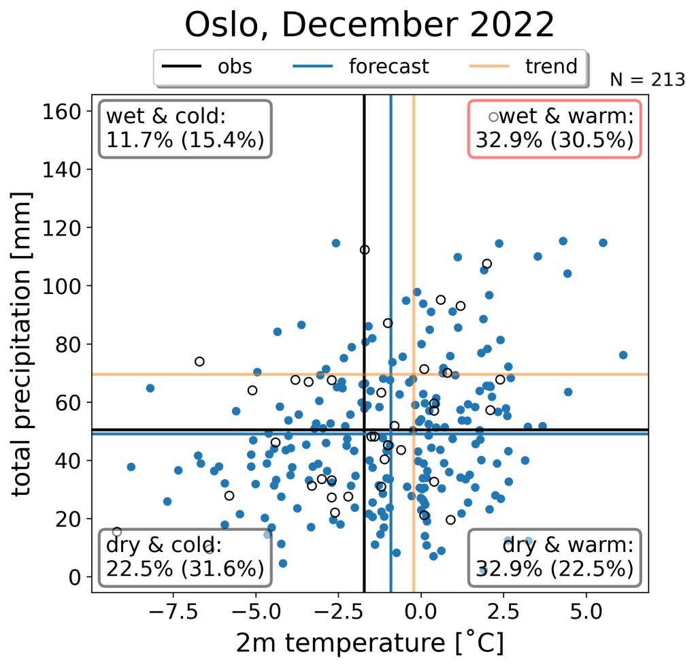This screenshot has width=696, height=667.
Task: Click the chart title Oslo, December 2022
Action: point(369,26)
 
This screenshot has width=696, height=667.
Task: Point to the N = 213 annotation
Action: point(647,80)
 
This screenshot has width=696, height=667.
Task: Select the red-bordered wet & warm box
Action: point(554,129)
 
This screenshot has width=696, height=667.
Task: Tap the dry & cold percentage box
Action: point(184,557)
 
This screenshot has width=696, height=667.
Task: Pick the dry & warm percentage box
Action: point(554,557)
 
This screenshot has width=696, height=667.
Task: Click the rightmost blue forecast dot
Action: point(623,355)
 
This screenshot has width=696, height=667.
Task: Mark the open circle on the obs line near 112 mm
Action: point(365,250)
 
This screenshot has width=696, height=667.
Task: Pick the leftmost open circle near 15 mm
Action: point(117,532)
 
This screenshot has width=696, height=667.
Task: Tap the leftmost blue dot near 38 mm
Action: point(131,467)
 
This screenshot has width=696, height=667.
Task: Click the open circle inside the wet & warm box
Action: point(494,117)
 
